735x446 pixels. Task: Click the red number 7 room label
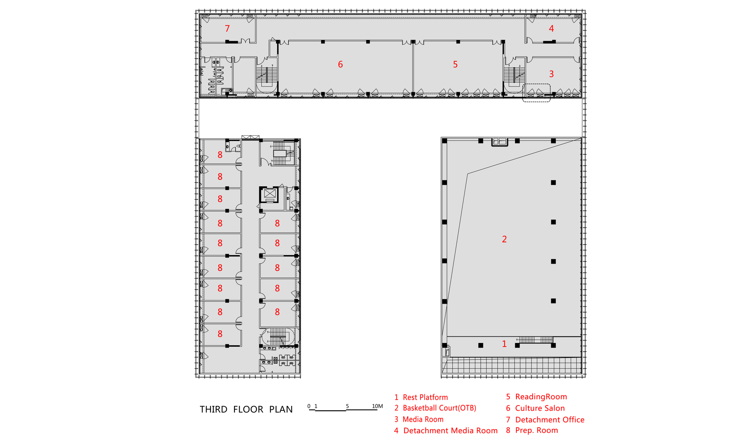click(x=227, y=28)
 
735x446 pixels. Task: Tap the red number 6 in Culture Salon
click(x=340, y=64)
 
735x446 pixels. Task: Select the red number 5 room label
click(x=455, y=64)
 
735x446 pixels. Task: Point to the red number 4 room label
click(x=551, y=28)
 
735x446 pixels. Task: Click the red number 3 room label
click(x=551, y=74)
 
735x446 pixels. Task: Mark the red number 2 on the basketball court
click(x=504, y=239)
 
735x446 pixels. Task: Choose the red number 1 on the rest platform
click(x=504, y=344)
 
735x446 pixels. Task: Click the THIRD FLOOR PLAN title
click(x=246, y=409)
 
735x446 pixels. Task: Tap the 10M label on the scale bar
click(x=377, y=406)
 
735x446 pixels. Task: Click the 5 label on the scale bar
click(x=347, y=406)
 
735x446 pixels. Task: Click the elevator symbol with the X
click(x=269, y=194)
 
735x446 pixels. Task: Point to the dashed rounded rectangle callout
click(x=537, y=84)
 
